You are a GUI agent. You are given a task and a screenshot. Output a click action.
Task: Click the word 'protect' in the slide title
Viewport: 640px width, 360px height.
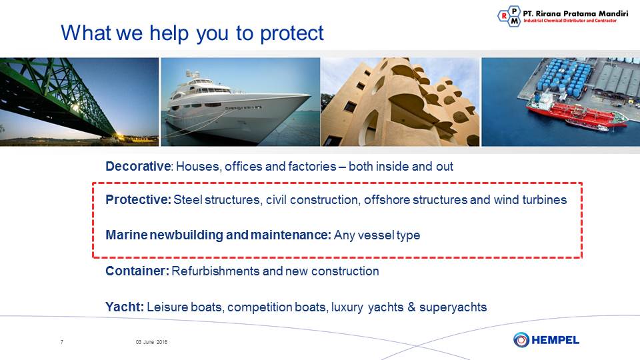click(x=292, y=33)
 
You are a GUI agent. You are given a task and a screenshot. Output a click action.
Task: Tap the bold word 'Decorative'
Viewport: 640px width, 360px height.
click(x=138, y=166)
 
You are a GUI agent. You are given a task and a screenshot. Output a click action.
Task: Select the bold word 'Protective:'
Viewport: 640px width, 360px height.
click(x=139, y=199)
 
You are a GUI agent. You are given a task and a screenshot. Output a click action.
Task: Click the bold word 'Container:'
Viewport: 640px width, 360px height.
click(x=137, y=271)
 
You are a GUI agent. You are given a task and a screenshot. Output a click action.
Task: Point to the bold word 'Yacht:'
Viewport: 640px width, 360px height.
click(x=125, y=307)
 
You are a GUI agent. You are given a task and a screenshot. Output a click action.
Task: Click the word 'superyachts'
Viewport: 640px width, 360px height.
click(x=453, y=307)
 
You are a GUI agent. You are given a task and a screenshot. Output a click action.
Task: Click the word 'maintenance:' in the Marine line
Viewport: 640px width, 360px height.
click(x=291, y=235)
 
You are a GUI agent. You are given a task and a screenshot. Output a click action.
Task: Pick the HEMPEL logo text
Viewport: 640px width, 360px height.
click(x=555, y=340)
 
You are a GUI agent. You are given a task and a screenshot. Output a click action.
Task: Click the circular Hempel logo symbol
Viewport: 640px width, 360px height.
click(x=521, y=339)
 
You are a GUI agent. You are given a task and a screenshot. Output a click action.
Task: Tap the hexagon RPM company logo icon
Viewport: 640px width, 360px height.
click(x=509, y=16)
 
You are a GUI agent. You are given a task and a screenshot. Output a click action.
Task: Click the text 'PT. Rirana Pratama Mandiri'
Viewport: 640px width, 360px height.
click(x=575, y=13)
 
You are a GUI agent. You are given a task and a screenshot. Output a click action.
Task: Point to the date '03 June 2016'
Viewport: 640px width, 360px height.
click(x=151, y=342)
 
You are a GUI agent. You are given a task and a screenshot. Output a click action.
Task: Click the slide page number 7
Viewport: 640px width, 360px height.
click(x=61, y=342)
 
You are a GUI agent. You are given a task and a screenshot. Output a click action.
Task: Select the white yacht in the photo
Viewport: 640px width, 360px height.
click(x=236, y=106)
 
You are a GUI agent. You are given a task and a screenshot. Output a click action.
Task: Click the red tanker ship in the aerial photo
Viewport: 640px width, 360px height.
click(x=576, y=111)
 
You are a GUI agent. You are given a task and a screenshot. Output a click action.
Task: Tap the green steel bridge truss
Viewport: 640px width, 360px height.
click(x=61, y=94)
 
